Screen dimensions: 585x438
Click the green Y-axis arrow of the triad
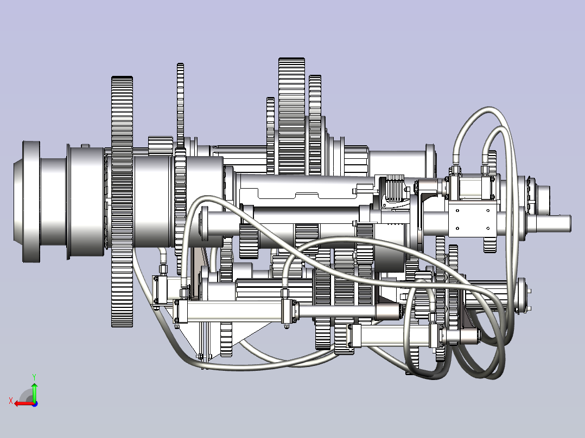34,392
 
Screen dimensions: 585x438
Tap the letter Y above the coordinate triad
34,377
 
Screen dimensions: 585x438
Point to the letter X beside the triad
11,401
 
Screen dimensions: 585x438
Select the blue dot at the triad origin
35,404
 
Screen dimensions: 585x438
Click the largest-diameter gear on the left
122,201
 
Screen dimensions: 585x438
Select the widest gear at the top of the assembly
292,115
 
